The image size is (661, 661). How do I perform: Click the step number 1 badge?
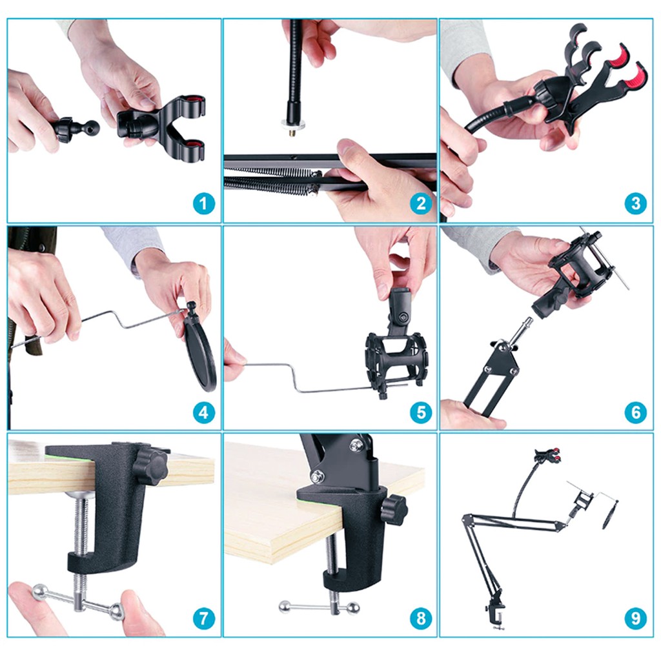[x=204, y=204]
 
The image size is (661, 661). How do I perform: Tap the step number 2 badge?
[x=421, y=204]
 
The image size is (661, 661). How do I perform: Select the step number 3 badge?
[x=636, y=204]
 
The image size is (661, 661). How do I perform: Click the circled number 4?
[x=204, y=412]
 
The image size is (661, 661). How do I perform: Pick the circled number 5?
[x=421, y=412]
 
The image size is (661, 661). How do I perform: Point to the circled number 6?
[x=636, y=412]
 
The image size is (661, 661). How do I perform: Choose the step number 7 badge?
[x=204, y=618]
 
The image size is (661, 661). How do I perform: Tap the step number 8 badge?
[x=421, y=618]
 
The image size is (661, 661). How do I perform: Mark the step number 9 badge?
[x=636, y=618]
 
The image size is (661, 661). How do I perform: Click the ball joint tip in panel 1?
[x=92, y=126]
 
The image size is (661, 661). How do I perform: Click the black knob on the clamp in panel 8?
[x=394, y=509]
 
